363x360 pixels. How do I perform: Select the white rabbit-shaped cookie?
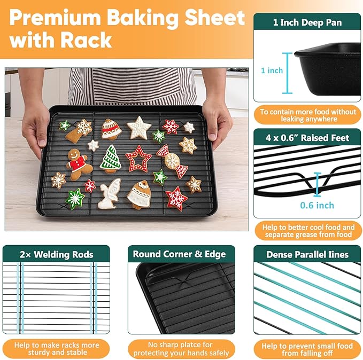(x=110, y=193)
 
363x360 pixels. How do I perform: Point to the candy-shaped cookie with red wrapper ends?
(x=172, y=161)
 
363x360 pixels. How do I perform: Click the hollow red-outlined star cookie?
(x=138, y=158)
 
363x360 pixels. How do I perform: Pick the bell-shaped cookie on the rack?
(x=141, y=194)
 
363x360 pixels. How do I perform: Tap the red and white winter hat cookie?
(x=111, y=130)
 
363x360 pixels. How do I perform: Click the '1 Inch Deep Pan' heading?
(x=307, y=22)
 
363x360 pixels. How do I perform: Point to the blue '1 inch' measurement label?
(x=272, y=71)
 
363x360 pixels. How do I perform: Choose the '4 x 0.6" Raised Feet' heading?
(x=307, y=138)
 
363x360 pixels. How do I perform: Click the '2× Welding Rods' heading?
(x=56, y=254)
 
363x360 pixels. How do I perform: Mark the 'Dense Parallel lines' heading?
(x=307, y=254)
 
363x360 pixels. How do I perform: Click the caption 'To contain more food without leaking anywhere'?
(x=307, y=116)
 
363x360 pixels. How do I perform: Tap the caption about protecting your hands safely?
(x=181, y=349)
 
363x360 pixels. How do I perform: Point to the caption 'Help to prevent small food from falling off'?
(x=307, y=350)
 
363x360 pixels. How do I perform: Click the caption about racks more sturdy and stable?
(x=56, y=349)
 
